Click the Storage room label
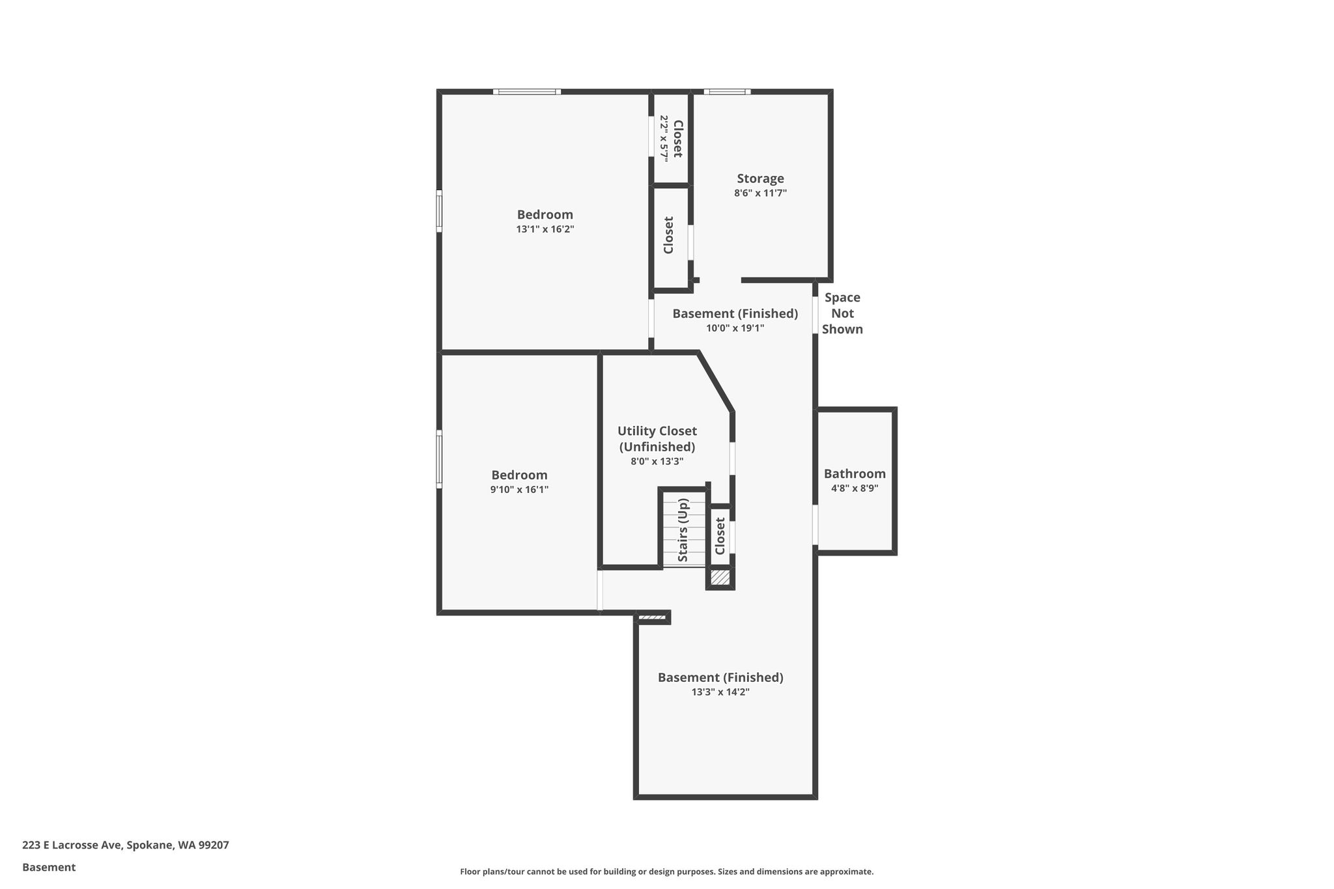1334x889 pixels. coord(760,178)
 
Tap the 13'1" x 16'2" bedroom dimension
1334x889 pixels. coord(545,229)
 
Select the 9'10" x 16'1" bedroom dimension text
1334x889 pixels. coord(519,490)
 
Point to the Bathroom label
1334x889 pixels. coord(855,473)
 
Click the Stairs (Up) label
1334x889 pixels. coord(683,530)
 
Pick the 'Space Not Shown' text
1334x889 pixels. coord(842,313)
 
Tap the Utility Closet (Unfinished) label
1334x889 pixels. coord(657,439)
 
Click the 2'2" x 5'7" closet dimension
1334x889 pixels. coord(664,138)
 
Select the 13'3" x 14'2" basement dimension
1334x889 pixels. coord(720,692)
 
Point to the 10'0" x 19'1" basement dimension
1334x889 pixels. coord(735,328)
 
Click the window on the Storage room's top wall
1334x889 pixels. coord(727,92)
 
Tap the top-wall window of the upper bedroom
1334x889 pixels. coord(527,92)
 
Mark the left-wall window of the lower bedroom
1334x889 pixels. coord(439,459)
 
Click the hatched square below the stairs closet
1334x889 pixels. coord(720,577)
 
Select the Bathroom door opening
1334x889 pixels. coord(815,524)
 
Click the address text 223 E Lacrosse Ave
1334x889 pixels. coord(72,845)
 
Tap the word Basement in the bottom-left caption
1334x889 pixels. coord(49,868)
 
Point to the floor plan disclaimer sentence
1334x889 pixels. coord(667,871)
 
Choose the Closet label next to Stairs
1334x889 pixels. coord(720,536)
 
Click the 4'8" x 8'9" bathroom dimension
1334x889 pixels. coord(855,488)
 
